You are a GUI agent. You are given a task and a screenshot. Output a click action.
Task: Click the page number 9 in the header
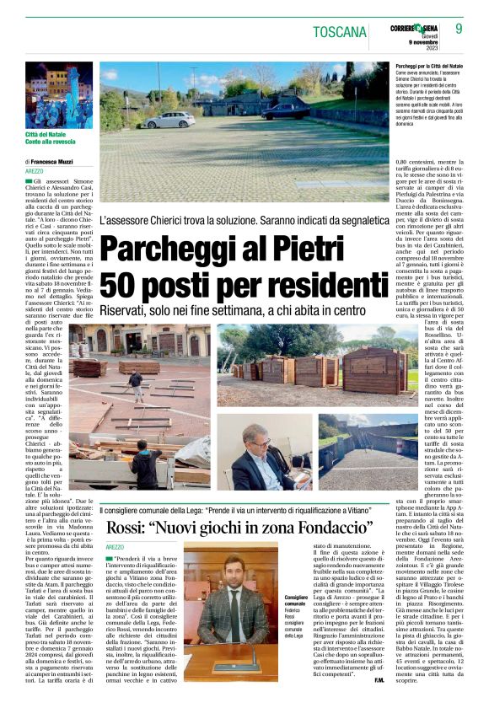tap(470, 30)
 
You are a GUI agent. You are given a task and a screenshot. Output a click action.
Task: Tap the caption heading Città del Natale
tap(50, 135)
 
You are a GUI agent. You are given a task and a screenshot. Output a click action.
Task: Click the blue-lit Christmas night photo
tap(59, 94)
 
